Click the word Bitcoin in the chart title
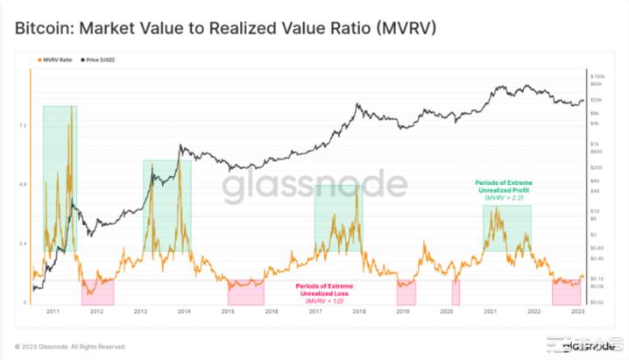pyautogui.click(x=41, y=29)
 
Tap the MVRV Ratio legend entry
pyautogui.click(x=55, y=60)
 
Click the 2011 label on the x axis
pyautogui.click(x=53, y=311)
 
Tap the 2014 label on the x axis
pyautogui.click(x=184, y=311)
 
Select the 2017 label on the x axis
pyautogui.click(x=314, y=311)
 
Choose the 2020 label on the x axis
pyautogui.click(x=446, y=311)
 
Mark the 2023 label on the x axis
pyautogui.click(x=577, y=311)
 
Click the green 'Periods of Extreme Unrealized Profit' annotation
pyautogui.click(x=507, y=187)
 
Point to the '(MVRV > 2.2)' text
pyautogui.click(x=507, y=200)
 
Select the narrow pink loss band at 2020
pyautogui.click(x=456, y=292)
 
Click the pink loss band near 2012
pyautogui.click(x=97, y=292)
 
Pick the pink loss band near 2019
pyautogui.click(x=406, y=292)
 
